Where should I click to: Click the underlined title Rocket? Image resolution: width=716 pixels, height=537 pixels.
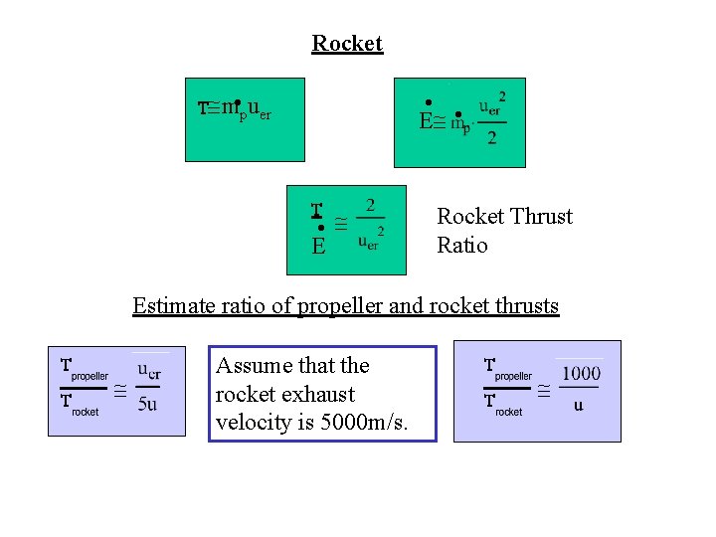coord(347,44)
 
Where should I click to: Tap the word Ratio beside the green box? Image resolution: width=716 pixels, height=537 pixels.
coord(462,246)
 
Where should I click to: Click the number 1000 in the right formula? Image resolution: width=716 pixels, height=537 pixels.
coord(581,374)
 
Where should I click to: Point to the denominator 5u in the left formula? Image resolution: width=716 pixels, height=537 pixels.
coord(147,404)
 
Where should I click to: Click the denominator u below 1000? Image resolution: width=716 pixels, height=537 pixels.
coord(579,405)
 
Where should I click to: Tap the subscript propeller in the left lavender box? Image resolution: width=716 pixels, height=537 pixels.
coord(89,377)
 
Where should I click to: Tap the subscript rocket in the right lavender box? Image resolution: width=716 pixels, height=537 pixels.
coord(508,412)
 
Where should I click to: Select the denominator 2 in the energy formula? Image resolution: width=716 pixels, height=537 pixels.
coord(492,137)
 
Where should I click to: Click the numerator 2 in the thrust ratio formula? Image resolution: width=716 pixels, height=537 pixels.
coord(370,206)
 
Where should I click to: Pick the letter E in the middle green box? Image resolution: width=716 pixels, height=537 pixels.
coord(318,246)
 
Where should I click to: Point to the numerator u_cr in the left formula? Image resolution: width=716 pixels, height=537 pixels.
coord(149,371)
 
